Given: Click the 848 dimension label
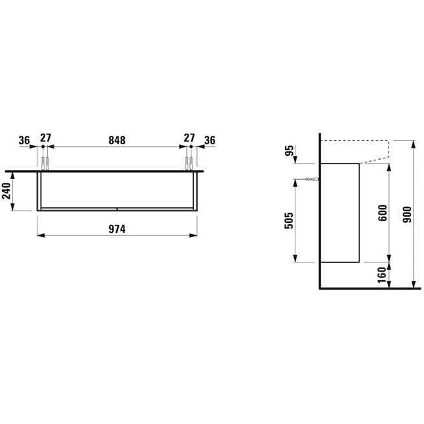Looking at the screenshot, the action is click(117, 140).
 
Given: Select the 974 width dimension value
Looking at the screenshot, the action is click(117, 229).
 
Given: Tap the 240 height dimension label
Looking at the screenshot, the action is click(6, 191).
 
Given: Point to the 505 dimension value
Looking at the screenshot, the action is click(289, 220).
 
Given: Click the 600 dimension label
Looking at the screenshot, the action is click(383, 213).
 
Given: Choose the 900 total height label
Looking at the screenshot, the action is click(407, 215).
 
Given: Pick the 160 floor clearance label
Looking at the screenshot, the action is click(382, 275).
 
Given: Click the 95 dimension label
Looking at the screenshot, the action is click(289, 151).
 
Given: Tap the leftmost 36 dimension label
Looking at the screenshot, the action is click(24, 140).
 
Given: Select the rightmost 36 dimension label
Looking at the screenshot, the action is click(210, 140).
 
